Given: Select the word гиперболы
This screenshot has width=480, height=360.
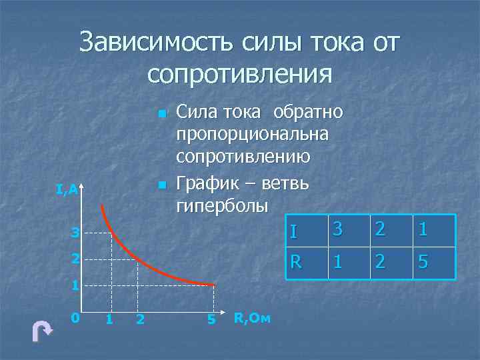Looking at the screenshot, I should pyautogui.click(x=221, y=204).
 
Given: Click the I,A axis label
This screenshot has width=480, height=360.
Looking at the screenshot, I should pyautogui.click(x=67, y=191).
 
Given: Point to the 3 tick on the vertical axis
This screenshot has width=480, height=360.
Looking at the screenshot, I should pyautogui.click(x=75, y=233).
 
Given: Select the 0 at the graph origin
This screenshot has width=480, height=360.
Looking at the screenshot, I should pyautogui.click(x=75, y=318).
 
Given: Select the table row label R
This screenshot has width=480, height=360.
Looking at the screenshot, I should pyautogui.click(x=295, y=262).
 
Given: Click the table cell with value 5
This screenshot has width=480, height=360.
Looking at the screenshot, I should pyautogui.click(x=423, y=262).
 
